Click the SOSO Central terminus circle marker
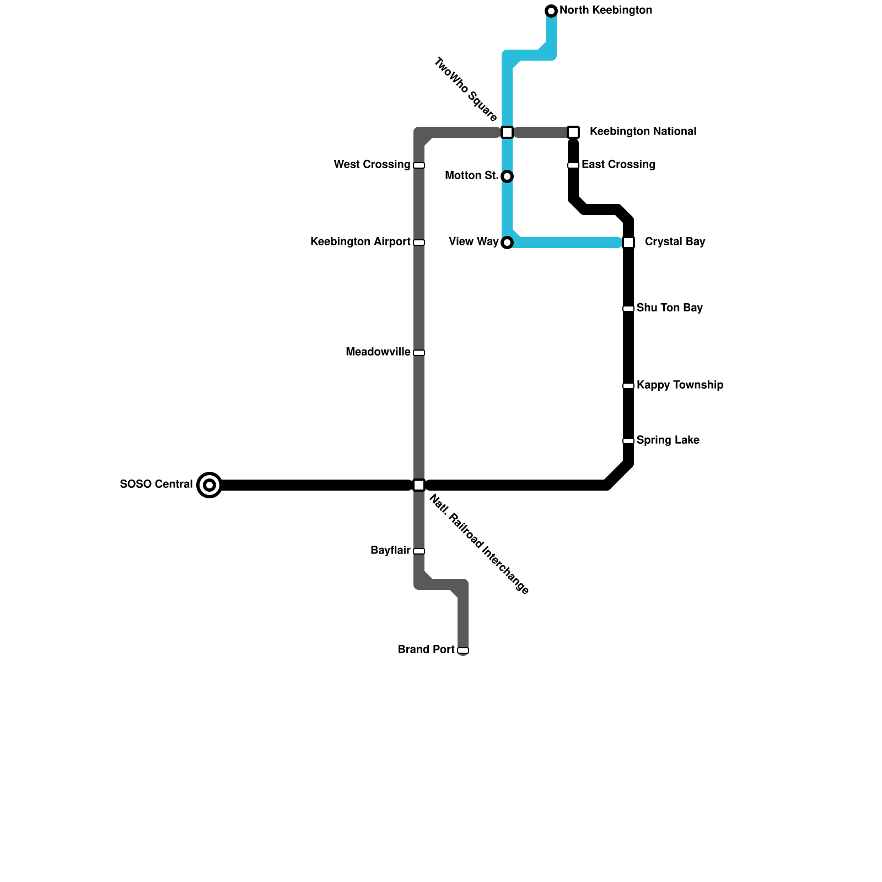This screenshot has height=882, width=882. click(209, 485)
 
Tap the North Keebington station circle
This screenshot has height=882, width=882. click(551, 11)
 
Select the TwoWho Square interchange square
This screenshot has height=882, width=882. click(507, 132)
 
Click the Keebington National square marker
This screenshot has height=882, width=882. click(573, 132)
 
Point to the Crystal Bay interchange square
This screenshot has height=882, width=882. click(628, 243)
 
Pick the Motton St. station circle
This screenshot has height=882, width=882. click(507, 176)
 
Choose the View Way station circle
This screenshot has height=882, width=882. click(507, 243)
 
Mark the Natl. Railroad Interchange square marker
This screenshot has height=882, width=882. click(419, 485)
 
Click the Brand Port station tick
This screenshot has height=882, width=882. click(463, 650)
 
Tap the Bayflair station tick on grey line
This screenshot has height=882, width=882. click(419, 551)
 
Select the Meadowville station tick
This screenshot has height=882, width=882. click(419, 353)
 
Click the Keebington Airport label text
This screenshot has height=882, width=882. click(360, 242)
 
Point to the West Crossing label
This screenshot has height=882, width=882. click(372, 165)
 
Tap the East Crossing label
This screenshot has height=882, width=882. click(618, 165)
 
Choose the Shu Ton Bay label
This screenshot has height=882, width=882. click(669, 308)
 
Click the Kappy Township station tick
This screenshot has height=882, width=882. click(628, 386)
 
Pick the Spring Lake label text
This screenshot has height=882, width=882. click(668, 440)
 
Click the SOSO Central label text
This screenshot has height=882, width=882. click(156, 485)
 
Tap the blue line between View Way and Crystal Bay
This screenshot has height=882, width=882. click(568, 243)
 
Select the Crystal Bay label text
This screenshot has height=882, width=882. click(675, 242)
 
